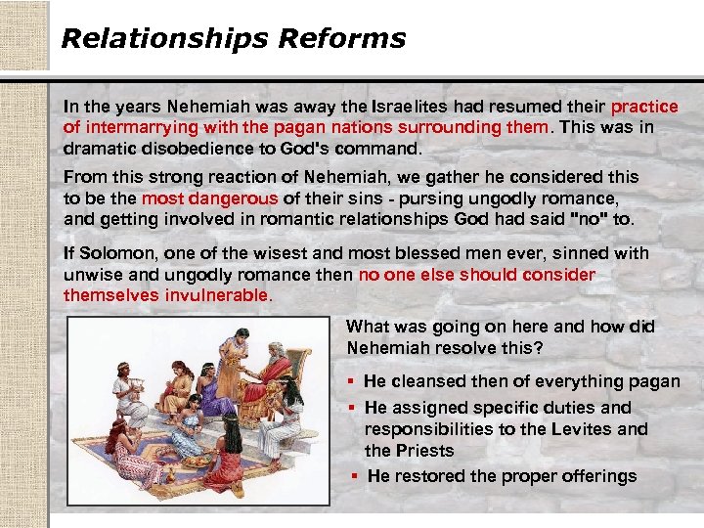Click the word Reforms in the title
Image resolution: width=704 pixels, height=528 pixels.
(x=342, y=39)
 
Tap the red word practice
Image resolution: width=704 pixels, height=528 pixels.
(x=644, y=107)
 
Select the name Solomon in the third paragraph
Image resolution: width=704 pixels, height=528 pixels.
(x=111, y=253)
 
